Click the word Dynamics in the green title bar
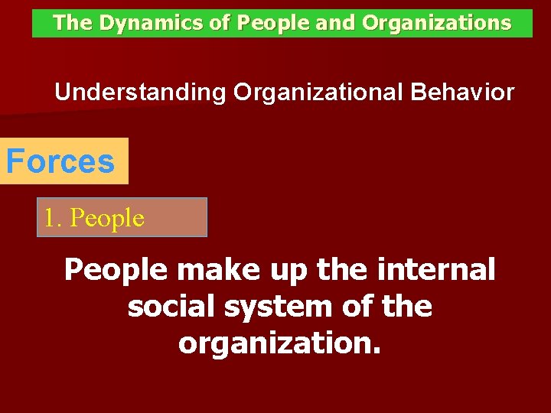(140, 24)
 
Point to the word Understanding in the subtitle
(140, 93)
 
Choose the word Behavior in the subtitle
(463, 93)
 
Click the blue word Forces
(60, 161)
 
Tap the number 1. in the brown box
(53, 218)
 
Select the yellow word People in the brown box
(106, 219)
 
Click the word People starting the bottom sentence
(116, 270)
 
